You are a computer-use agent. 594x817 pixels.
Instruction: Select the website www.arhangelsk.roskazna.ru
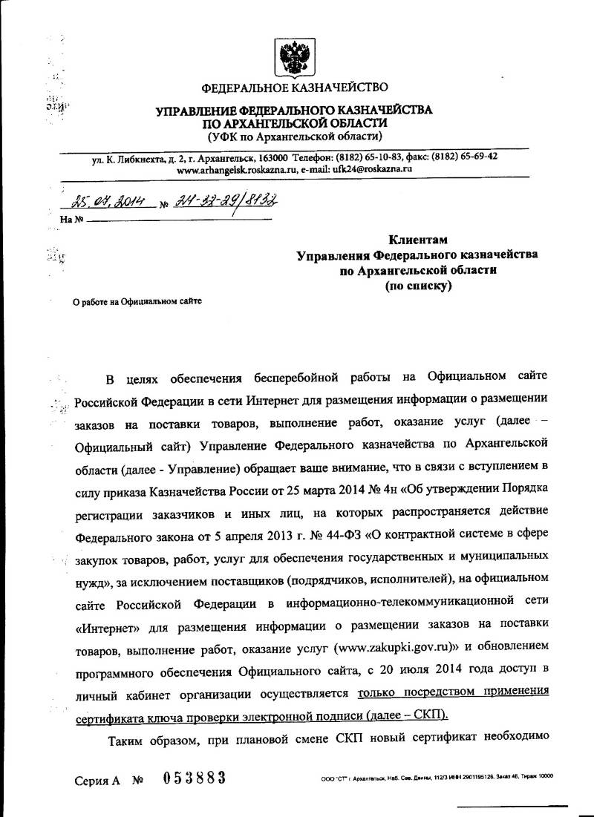click(236, 169)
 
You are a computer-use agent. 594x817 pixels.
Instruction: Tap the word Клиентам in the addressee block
click(419, 240)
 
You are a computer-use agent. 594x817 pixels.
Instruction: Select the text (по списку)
click(418, 286)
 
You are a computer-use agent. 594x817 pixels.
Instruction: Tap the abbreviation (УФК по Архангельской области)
click(295, 137)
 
